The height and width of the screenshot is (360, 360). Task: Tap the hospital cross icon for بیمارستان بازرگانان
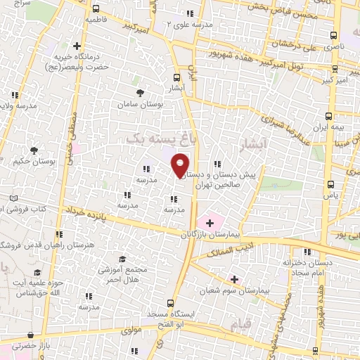point(210,222)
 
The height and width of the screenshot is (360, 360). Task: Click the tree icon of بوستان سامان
point(141,92)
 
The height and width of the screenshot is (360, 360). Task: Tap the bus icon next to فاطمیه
point(96,8)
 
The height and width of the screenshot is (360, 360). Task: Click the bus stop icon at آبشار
point(176,78)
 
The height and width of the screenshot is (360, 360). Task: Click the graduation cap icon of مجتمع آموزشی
point(120,259)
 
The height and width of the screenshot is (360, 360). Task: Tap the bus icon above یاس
point(330,184)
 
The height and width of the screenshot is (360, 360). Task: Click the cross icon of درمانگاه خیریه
point(77,46)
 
